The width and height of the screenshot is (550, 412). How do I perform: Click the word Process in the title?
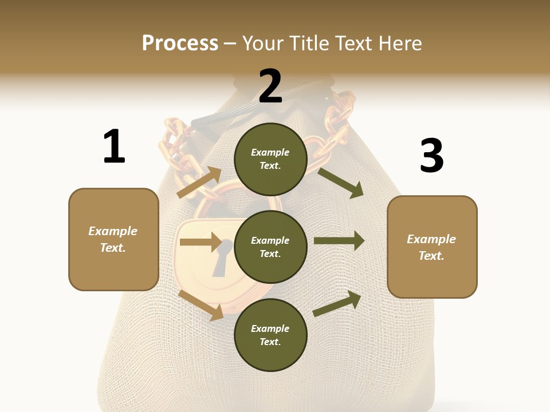pos(180,43)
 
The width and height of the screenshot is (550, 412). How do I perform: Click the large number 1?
pos(114,147)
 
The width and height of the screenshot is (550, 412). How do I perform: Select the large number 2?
pos(270,86)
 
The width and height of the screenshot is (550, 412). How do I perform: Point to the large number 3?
pos(431,156)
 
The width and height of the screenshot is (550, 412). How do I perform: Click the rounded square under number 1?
pos(113,239)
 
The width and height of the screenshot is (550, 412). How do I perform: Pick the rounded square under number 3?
pos(432,247)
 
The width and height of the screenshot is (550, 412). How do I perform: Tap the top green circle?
pos(270,159)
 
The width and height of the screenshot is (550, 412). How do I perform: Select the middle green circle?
pos(270,247)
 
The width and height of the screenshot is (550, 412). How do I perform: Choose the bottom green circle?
pos(270,335)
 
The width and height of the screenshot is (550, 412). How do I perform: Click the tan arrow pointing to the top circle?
pos(199,183)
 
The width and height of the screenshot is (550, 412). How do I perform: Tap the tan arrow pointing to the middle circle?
pos(201,242)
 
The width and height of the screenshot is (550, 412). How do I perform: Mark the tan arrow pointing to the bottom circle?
pos(201,305)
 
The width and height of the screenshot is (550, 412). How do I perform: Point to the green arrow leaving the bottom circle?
pos(337,303)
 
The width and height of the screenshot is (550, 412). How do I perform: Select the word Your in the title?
pos(263,43)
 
